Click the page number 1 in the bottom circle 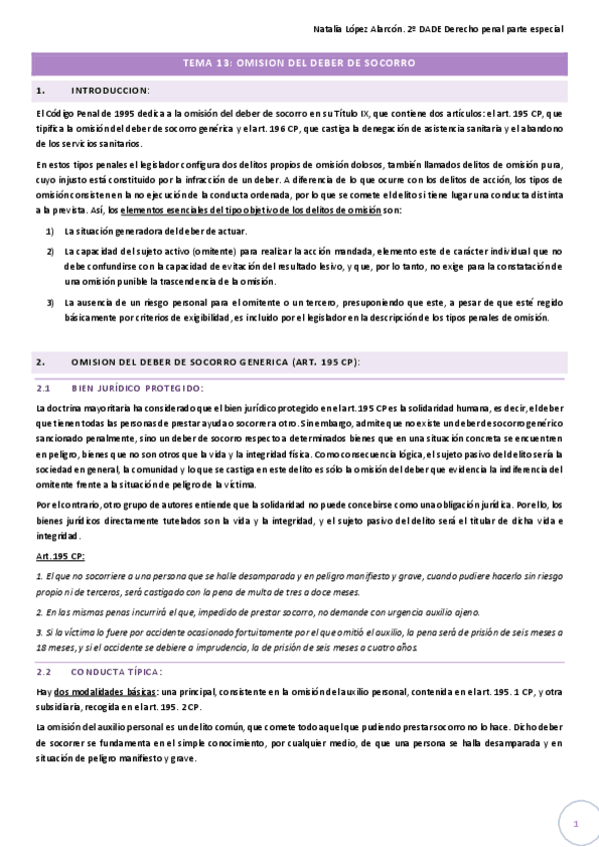pyautogui.click(x=576, y=823)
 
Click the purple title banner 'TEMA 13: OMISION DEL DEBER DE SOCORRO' pyautogui.click(x=299, y=63)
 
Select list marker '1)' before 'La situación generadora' pyautogui.click(x=51, y=231)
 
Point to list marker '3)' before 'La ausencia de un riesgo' pyautogui.click(x=51, y=301)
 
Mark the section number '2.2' pyautogui.click(x=43, y=672)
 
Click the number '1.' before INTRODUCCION pyautogui.click(x=39, y=91)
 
